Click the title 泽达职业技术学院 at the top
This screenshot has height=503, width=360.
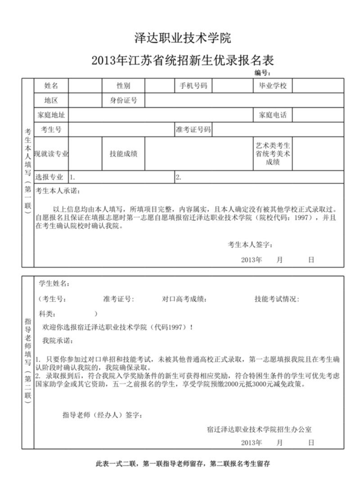(x=183, y=38)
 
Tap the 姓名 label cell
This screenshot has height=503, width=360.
(x=51, y=85)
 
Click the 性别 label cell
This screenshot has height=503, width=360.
(x=123, y=85)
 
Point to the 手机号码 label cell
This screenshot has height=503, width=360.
(x=193, y=85)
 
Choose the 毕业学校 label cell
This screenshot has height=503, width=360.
(x=272, y=85)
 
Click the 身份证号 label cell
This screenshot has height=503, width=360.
(x=123, y=100)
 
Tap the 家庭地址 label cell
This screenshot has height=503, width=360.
(x=51, y=115)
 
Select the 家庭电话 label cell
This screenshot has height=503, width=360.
(x=272, y=115)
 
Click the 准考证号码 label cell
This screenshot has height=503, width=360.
(x=193, y=130)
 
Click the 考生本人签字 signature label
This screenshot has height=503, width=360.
(x=250, y=245)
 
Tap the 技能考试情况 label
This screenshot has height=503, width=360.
(x=277, y=299)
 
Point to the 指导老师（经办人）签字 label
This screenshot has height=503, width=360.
(x=102, y=414)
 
